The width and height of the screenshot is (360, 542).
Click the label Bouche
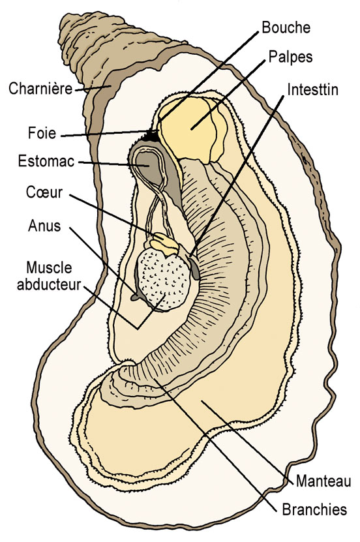(286, 27)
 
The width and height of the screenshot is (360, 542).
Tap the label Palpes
(290, 57)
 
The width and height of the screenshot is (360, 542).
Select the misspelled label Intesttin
(312, 89)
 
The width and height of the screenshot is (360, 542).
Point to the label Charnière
(40, 89)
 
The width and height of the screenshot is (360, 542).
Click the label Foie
(42, 133)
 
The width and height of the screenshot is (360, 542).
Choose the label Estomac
(46, 161)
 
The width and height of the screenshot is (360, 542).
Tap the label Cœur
(44, 192)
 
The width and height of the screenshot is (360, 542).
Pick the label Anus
(44, 226)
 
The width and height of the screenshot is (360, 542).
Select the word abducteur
(49, 284)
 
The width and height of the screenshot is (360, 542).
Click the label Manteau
(323, 481)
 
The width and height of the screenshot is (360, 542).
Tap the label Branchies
(314, 509)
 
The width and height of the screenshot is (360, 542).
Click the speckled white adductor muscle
(164, 279)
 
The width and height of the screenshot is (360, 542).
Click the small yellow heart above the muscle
(164, 243)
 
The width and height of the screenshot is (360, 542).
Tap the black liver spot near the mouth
(153, 136)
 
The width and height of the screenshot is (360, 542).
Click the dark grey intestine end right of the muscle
(194, 269)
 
